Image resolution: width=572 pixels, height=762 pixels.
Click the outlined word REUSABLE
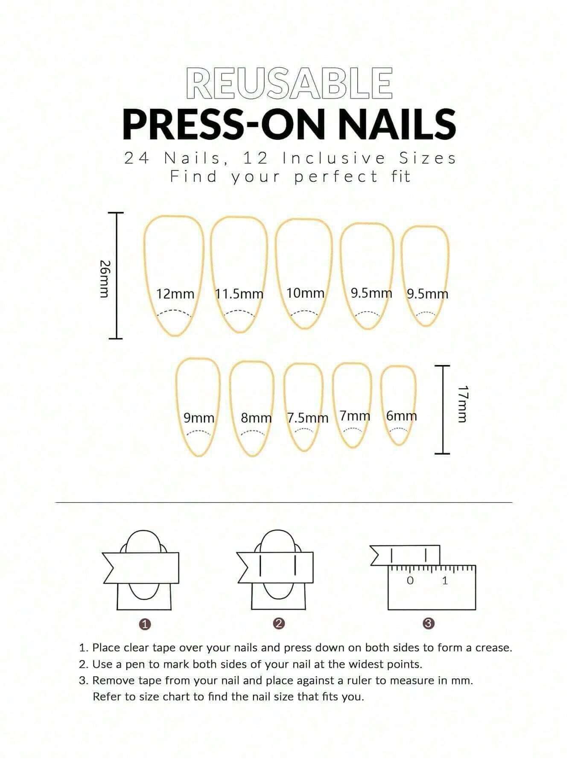pyautogui.click(x=289, y=83)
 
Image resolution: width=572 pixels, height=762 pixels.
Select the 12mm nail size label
pyautogui.click(x=175, y=294)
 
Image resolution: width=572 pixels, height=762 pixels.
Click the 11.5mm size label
pyautogui.click(x=239, y=294)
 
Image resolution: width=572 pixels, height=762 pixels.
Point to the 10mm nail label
pyautogui.click(x=305, y=293)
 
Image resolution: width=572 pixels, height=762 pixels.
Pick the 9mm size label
pyautogui.click(x=199, y=418)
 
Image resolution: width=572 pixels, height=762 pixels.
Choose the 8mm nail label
pyautogui.click(x=256, y=418)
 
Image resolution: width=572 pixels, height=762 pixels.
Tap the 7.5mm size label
pyautogui.click(x=307, y=418)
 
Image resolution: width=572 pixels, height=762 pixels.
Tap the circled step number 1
pyautogui.click(x=146, y=624)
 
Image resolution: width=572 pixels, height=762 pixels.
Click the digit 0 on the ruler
pyautogui.click(x=410, y=581)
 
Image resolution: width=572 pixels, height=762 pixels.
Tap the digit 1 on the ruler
pyautogui.click(x=445, y=581)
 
